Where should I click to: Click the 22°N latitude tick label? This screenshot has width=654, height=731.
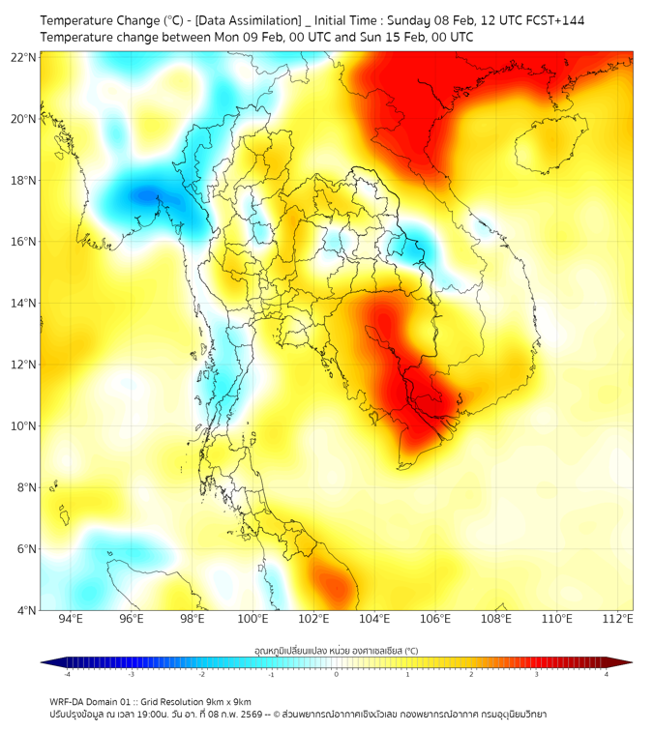pyautogui.click(x=24, y=57)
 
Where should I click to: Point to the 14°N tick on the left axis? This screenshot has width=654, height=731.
pyautogui.click(x=24, y=303)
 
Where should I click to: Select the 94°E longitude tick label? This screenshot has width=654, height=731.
pyautogui.click(x=71, y=619)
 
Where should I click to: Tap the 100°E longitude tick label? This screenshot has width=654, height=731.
pyautogui.click(x=253, y=619)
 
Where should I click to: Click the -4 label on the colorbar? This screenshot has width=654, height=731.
pyautogui.click(x=67, y=674)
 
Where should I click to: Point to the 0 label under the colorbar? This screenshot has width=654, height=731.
pyautogui.click(x=337, y=674)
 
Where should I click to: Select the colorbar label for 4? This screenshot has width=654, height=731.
pyautogui.click(x=606, y=674)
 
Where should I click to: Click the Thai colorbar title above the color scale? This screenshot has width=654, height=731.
pyautogui.click(x=336, y=651)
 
